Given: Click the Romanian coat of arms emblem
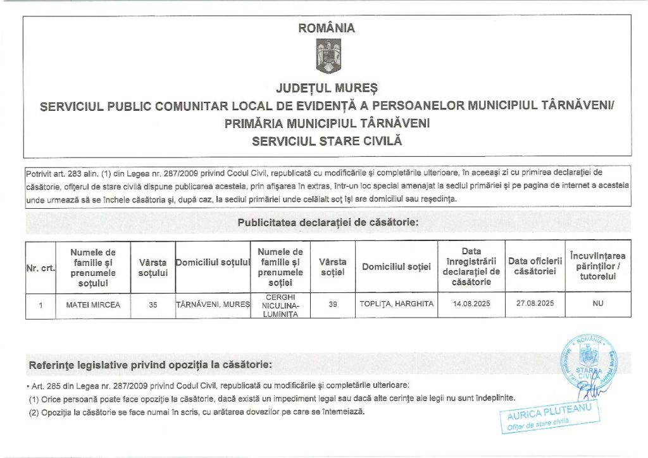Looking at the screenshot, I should (328, 56).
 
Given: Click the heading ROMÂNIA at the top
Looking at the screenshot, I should (327, 28).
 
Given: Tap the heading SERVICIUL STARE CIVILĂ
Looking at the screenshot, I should (327, 141).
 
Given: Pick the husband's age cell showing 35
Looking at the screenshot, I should (153, 304).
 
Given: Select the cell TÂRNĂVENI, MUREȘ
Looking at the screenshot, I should (213, 304).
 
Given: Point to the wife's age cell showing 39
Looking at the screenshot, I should (333, 304).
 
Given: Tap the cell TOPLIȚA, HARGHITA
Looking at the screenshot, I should (396, 304).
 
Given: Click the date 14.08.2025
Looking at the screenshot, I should (471, 304).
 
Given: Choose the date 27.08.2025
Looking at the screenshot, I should (535, 304).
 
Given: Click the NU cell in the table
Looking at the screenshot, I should (598, 304).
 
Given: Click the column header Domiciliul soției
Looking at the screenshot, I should (396, 267).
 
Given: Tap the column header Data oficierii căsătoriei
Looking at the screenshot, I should (535, 266).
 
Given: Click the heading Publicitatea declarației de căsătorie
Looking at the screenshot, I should (327, 223).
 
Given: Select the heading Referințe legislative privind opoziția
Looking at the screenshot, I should (151, 365).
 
